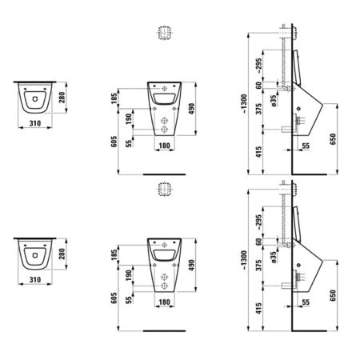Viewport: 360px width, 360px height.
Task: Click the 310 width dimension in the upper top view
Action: coord(35,123)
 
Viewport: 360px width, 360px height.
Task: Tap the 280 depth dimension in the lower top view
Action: coord(62,254)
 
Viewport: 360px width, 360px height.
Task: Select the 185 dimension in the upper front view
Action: coord(114,98)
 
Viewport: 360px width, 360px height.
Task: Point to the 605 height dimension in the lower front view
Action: coord(114,298)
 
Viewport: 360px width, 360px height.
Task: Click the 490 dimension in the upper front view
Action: coord(191,109)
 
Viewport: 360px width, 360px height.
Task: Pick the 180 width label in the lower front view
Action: coord(164,302)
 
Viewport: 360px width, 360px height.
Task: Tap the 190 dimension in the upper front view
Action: coord(129,119)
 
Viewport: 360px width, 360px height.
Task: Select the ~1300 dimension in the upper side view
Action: coord(244,104)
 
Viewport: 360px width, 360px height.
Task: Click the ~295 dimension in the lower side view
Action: coord(258,222)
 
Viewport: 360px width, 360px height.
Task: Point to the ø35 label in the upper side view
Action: coord(274,101)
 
